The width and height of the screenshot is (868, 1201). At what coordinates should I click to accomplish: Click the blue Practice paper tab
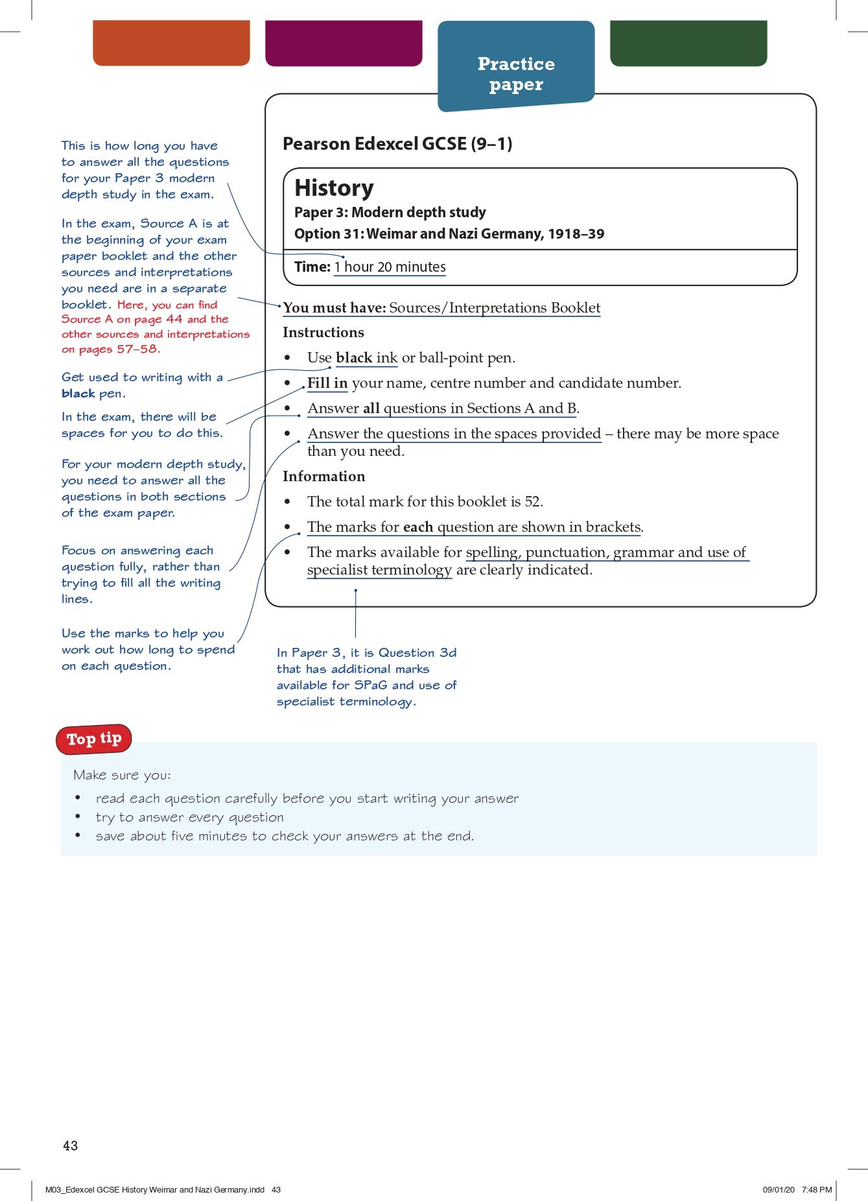[x=516, y=73]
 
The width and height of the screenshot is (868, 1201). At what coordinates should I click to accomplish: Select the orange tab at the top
[x=171, y=43]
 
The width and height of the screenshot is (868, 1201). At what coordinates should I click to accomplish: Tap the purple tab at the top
[x=344, y=43]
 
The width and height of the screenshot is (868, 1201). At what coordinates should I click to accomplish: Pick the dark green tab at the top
[x=688, y=43]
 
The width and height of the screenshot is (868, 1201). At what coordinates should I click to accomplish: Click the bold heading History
[x=334, y=188]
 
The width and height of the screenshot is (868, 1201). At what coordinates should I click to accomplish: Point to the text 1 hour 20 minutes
[x=390, y=267]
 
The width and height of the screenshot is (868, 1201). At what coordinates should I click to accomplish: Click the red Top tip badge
[x=94, y=739]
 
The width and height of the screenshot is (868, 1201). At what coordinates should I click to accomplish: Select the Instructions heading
[x=323, y=333]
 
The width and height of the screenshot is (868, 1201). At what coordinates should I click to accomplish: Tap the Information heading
[x=324, y=477]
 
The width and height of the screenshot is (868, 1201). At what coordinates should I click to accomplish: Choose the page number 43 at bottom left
[x=71, y=1146]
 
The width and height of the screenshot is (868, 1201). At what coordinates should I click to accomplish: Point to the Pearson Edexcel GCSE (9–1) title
[x=397, y=144]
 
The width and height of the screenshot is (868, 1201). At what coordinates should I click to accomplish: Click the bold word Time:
[x=312, y=267]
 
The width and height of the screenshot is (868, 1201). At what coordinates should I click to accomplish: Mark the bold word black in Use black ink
[x=354, y=358]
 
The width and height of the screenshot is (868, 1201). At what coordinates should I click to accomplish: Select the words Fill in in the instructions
[x=327, y=383]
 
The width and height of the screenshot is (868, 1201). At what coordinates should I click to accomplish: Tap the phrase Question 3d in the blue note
[x=417, y=652]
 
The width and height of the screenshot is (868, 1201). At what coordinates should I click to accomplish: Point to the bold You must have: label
[x=334, y=308]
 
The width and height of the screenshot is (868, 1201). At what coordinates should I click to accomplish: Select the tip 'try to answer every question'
[x=189, y=817]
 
